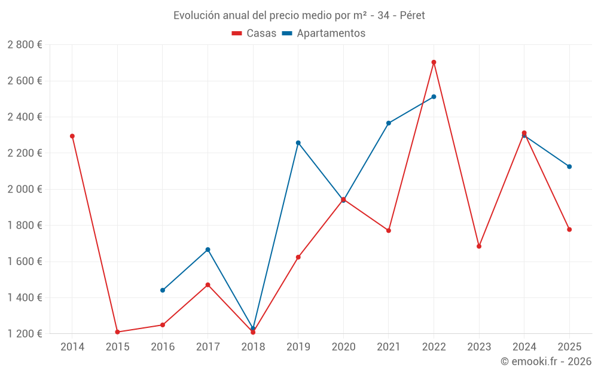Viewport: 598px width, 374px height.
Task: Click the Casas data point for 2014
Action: coord(72,136)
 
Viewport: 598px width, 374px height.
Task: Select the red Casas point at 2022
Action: coord(434,62)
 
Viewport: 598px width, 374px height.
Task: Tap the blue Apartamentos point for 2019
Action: coord(298,142)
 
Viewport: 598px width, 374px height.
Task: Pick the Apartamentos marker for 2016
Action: coord(163,290)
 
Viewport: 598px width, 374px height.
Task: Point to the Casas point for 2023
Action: coord(479,246)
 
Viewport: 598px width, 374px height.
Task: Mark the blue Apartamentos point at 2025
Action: coord(569,166)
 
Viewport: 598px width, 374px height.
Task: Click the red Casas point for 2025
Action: coord(569,229)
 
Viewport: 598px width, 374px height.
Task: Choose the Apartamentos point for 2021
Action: coord(389,123)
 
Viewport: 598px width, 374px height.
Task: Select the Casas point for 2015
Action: coord(117,332)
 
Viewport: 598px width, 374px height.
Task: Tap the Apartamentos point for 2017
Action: coord(208,250)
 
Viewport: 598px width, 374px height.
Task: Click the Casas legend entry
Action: coord(254,34)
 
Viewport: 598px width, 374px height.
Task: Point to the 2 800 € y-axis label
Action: coord(25,45)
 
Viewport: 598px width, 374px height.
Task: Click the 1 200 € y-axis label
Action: coord(25,334)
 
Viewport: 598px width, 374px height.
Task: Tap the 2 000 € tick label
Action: coord(25,189)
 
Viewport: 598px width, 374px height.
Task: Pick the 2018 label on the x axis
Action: coord(253,347)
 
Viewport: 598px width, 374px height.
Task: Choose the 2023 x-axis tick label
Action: coord(479,347)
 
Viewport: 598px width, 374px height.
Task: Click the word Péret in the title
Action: coord(412,16)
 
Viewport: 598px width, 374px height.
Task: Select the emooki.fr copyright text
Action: coord(546,361)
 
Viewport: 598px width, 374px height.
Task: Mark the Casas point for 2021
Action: coord(389,230)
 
